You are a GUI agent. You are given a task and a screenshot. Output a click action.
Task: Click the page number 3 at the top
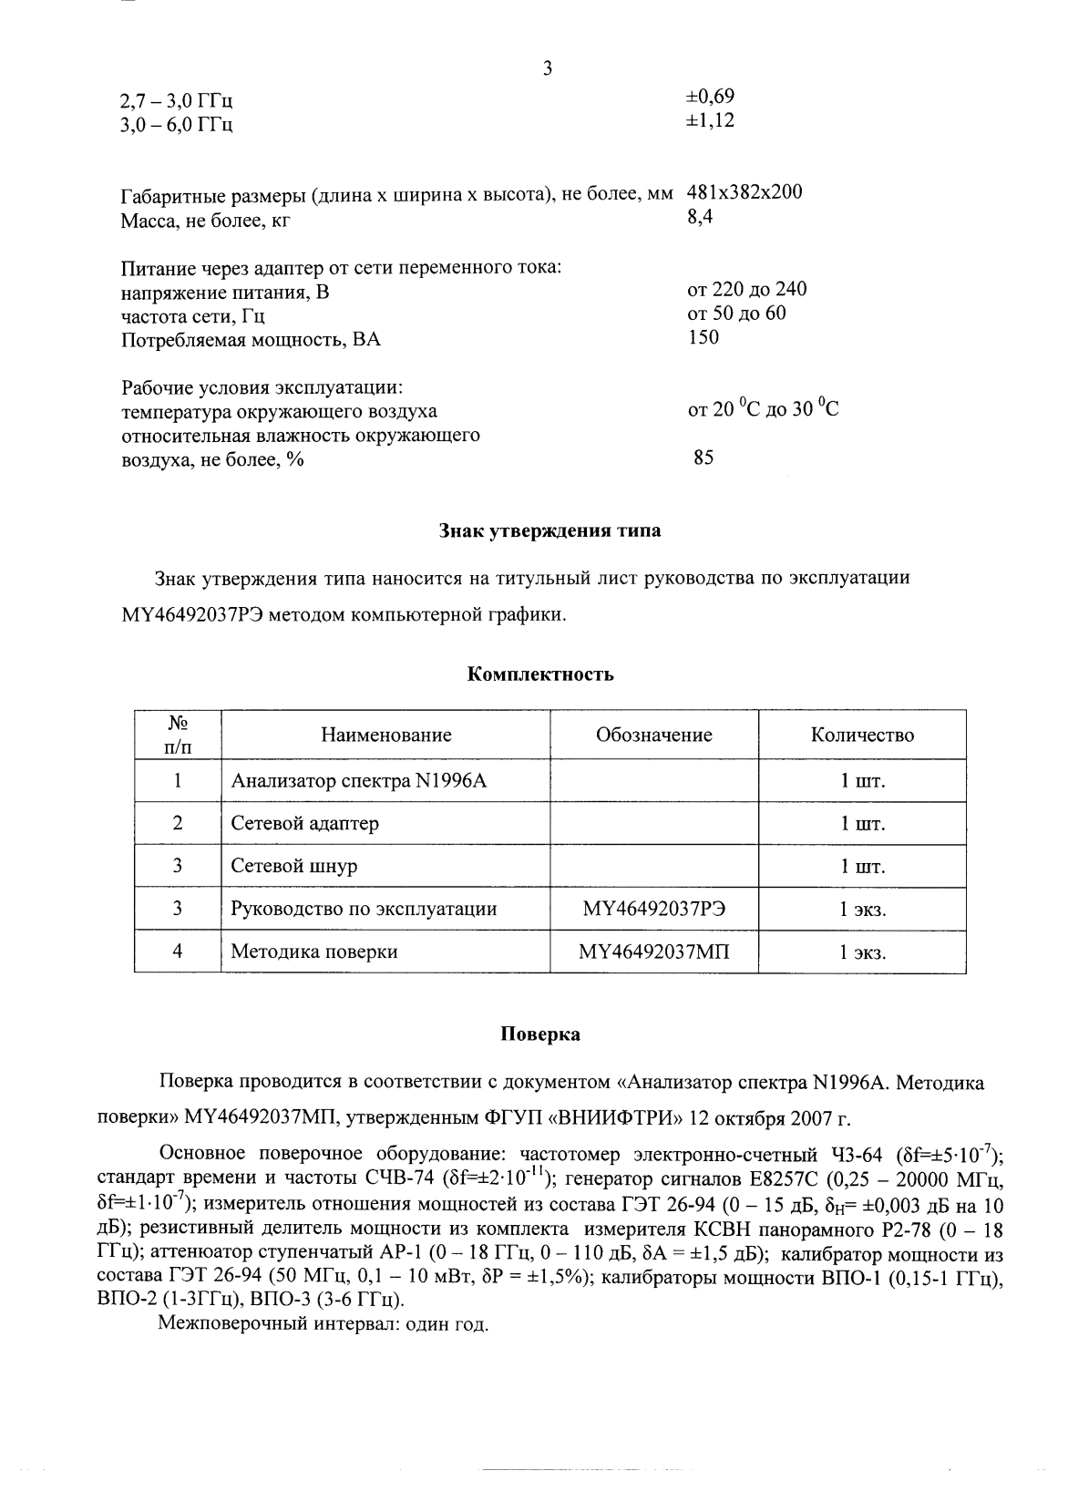click(547, 68)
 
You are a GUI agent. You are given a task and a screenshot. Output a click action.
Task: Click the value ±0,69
click(710, 97)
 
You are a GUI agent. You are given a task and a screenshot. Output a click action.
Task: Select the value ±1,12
click(710, 120)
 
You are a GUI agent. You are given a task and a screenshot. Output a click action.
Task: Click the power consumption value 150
click(703, 337)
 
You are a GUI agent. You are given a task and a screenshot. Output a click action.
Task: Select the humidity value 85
click(703, 458)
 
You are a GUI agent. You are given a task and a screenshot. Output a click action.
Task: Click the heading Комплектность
click(540, 674)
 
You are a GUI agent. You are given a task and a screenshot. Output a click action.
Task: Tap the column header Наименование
click(385, 735)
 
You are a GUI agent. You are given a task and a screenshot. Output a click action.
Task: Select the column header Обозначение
click(653, 735)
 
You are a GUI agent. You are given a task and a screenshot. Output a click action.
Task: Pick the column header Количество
click(862, 735)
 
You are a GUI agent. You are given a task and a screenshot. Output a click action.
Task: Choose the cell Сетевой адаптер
click(304, 823)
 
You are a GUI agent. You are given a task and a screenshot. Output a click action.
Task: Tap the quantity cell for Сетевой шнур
click(862, 866)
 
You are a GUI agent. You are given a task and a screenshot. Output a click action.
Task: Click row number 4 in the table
click(178, 952)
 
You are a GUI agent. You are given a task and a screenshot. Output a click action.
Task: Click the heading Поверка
click(539, 1034)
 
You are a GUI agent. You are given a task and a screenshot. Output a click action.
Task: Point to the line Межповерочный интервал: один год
click(323, 1323)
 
